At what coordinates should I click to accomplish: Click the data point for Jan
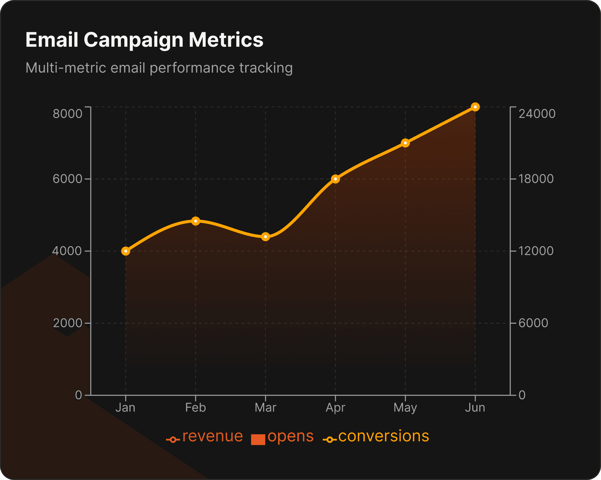[126, 251]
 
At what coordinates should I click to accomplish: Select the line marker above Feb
[196, 221]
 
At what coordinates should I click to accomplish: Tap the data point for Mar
[266, 237]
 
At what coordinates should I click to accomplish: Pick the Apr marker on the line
[335, 179]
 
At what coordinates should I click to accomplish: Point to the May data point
[405, 143]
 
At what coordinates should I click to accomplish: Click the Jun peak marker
[475, 107]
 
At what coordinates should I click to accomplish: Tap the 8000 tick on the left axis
[68, 114]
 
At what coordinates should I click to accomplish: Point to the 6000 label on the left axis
[68, 179]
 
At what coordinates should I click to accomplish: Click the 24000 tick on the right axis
[537, 114]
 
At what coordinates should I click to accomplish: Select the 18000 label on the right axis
[536, 179]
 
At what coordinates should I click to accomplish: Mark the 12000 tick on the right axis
[536, 251]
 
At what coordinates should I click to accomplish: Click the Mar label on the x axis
[266, 408]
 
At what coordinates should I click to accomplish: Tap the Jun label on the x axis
[475, 408]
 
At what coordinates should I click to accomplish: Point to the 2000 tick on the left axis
[68, 323]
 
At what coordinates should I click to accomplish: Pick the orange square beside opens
[258, 439]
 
